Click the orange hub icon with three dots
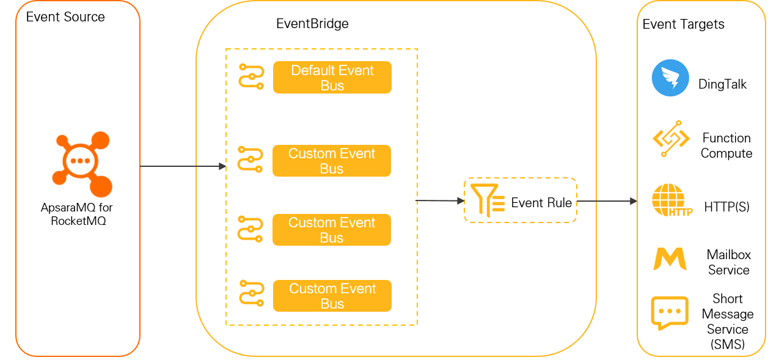pos(81,162)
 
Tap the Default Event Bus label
pos(332,78)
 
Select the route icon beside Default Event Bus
pos(251,76)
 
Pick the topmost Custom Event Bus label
pos(331,161)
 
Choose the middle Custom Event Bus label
pos(331,230)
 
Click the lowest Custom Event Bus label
pos(332,296)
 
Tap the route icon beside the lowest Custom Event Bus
pos(251,293)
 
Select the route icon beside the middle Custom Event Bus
pos(250,229)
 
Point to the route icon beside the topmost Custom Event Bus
pos(250,159)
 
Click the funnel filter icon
pos(488,200)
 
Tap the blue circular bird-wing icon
pos(670,78)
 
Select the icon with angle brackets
pos(671,137)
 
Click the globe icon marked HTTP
pos(670,200)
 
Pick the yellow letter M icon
pos(670,259)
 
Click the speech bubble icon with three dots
pos(671,312)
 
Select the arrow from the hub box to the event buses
pos(183,166)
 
